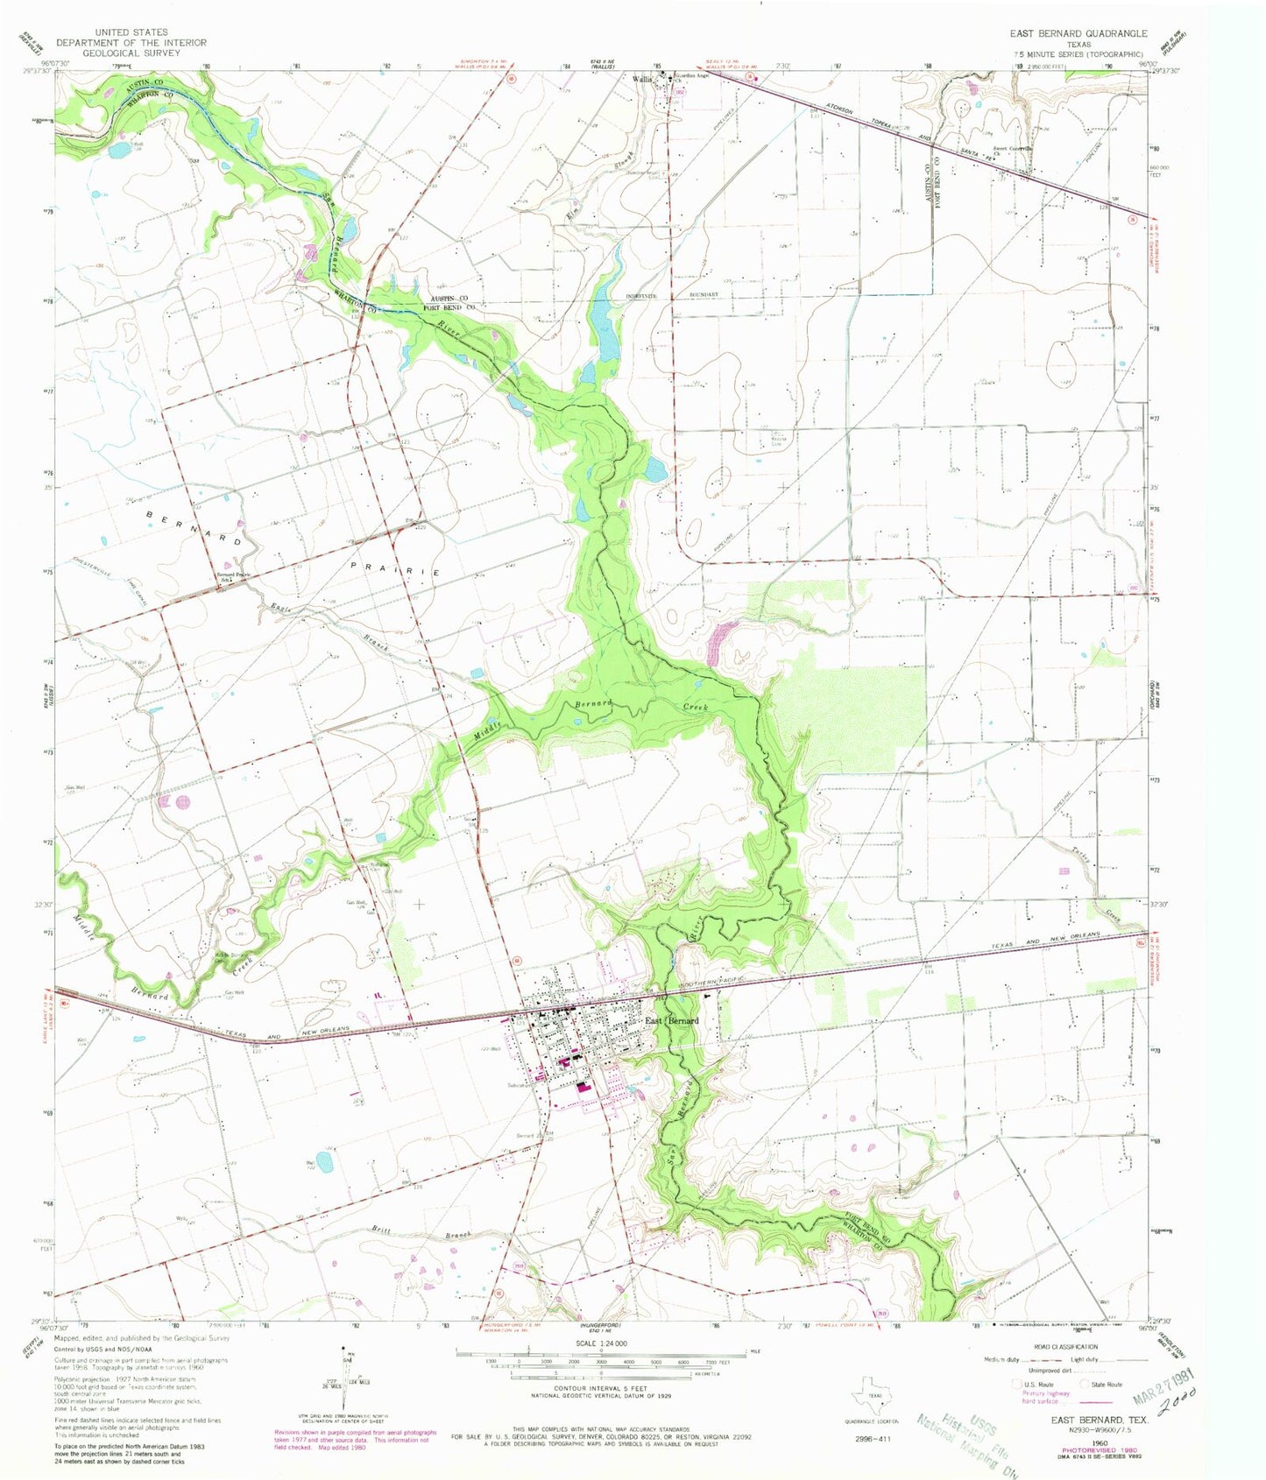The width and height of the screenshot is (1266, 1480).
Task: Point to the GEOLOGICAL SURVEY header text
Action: coord(131,53)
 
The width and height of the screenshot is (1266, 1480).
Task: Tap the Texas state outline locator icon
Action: coord(868,1399)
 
